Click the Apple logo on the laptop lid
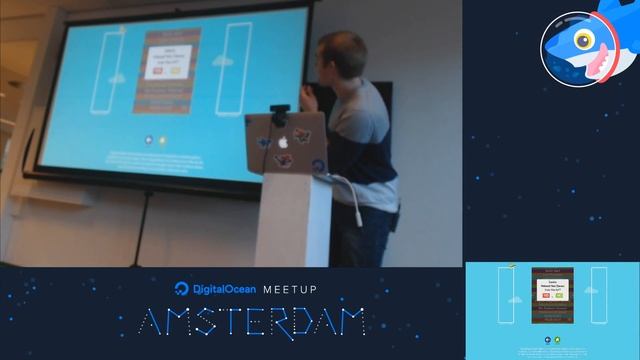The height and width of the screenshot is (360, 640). point(283,142)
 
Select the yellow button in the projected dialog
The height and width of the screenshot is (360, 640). point(178,71)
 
